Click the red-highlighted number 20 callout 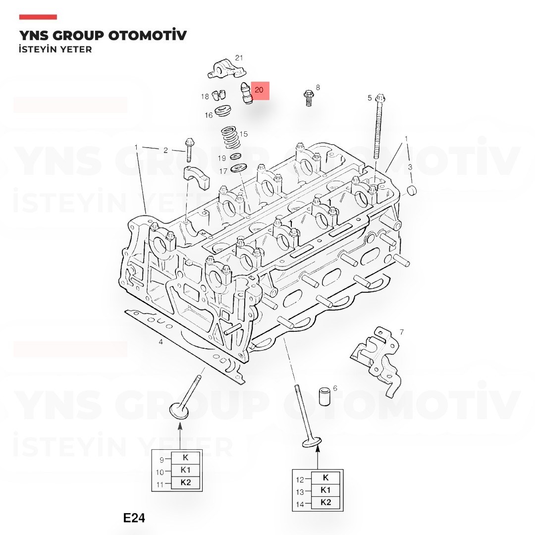pyautogui.click(x=260, y=91)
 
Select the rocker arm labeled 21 pyautogui.click(x=227, y=69)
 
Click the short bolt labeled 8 pyautogui.click(x=309, y=98)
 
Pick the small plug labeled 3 pyautogui.click(x=412, y=190)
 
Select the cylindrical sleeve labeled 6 pyautogui.click(x=324, y=396)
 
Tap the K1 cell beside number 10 pyautogui.click(x=186, y=470)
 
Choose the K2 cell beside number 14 pyautogui.click(x=325, y=502)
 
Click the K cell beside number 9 pyautogui.click(x=186, y=458)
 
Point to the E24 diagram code pyautogui.click(x=134, y=518)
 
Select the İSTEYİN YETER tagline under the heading pyautogui.click(x=55, y=50)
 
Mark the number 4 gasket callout pyautogui.click(x=160, y=341)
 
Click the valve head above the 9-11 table pyautogui.click(x=179, y=411)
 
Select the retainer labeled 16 pyautogui.click(x=223, y=111)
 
